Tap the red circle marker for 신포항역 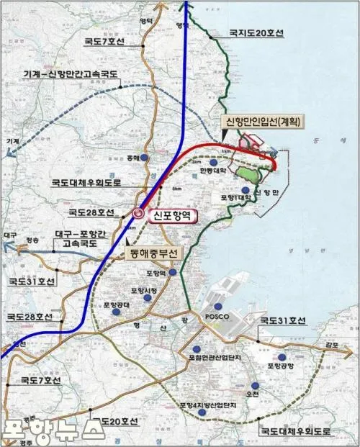(138, 214)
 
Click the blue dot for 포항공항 (282, 356)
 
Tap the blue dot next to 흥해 (145, 158)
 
